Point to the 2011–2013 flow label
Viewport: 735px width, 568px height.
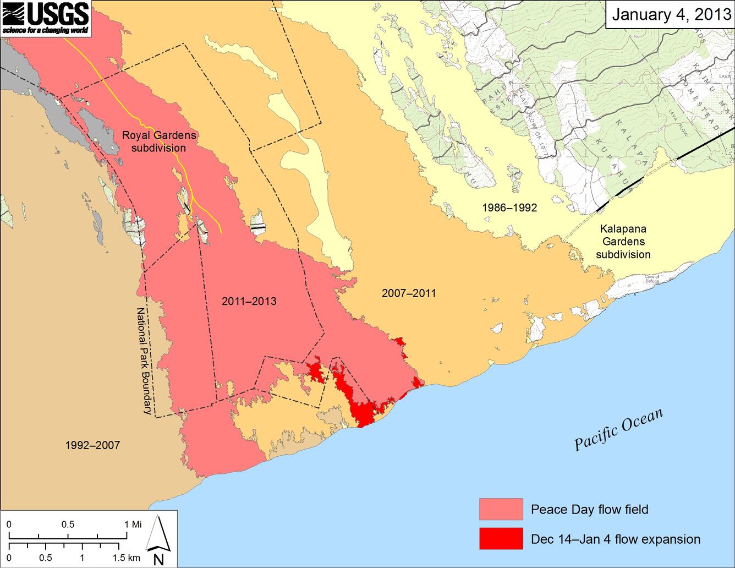pos(249,302)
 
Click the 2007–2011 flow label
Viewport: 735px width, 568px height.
pos(408,293)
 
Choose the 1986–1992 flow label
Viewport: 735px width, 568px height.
pos(509,207)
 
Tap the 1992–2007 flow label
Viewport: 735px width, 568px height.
pos(92,445)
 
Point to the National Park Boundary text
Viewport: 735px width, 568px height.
pos(144,360)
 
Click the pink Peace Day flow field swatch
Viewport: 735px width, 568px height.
pos(501,509)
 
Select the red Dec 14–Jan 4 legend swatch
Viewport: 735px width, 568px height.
pos(501,538)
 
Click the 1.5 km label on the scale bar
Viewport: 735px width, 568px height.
pos(126,558)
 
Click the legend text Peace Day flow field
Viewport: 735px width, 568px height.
pos(589,510)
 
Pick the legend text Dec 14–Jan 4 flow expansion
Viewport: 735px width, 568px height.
pos(616,539)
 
